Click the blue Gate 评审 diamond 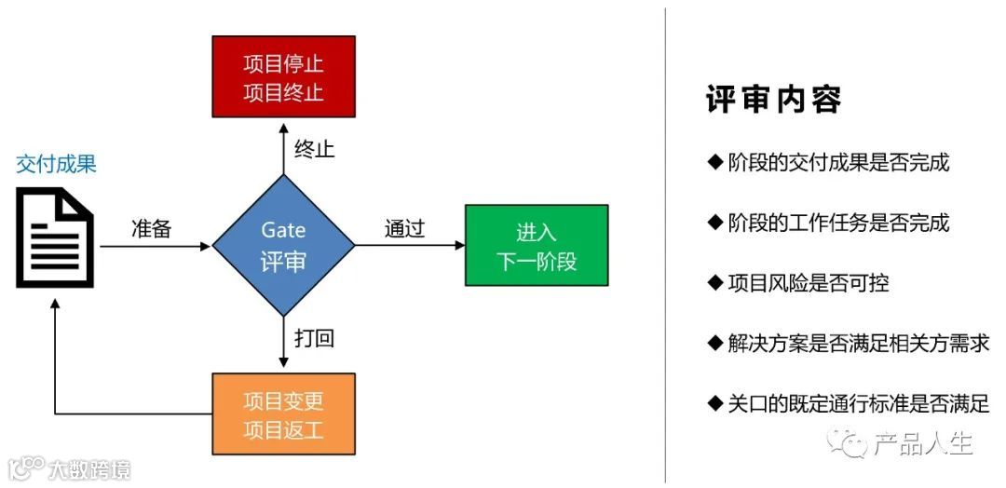click(x=283, y=246)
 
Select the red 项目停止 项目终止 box click(x=283, y=77)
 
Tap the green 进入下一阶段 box click(x=537, y=246)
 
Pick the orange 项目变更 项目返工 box click(x=283, y=414)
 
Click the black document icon click(x=55, y=237)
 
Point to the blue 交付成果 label click(x=56, y=165)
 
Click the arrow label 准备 click(x=151, y=229)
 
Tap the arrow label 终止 click(x=314, y=149)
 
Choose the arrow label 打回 click(x=314, y=338)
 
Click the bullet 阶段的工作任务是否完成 click(x=828, y=223)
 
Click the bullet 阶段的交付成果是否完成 click(x=828, y=162)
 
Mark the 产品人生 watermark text click(x=922, y=444)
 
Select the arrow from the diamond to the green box click(x=410, y=246)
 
